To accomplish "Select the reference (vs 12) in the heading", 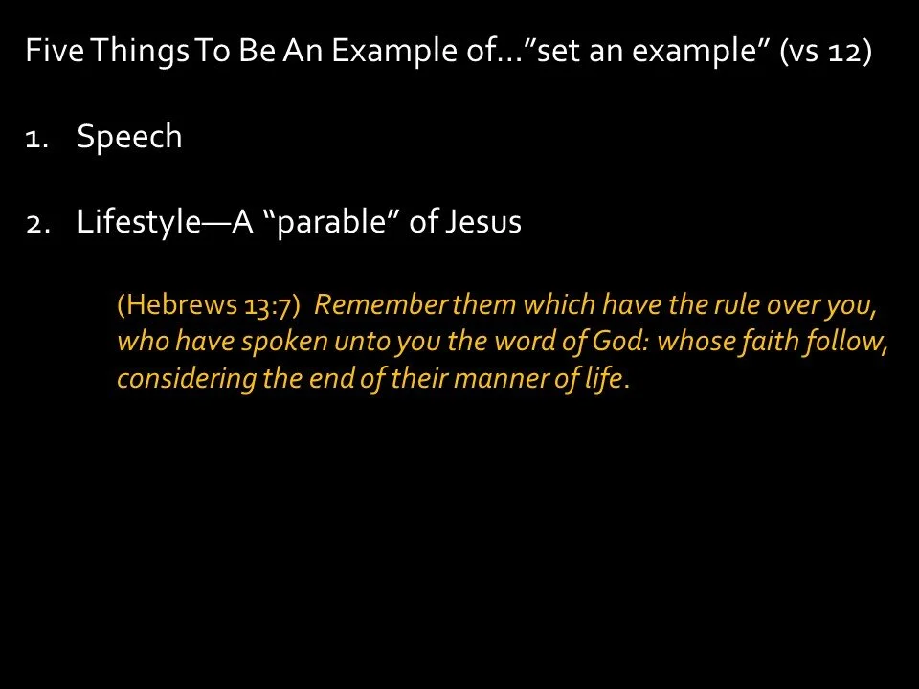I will point(825,52).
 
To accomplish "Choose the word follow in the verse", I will point(847,343).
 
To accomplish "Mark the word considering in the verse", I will point(186,379).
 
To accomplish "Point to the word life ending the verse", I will point(604,379).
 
